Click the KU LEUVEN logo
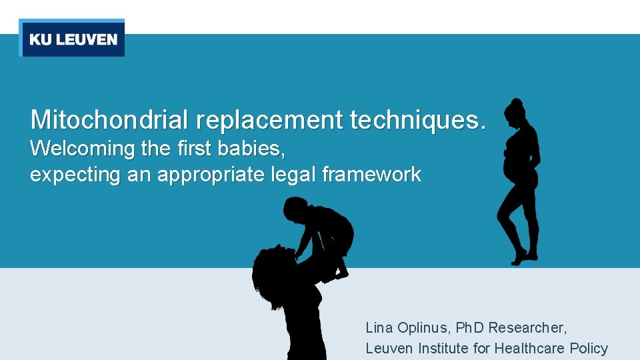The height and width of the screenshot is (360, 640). [x=72, y=39]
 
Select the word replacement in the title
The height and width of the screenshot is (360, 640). [x=269, y=120]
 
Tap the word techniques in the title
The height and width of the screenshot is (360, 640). [x=407, y=120]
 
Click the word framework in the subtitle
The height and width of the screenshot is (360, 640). [x=371, y=175]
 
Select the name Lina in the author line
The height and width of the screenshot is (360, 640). [x=378, y=327]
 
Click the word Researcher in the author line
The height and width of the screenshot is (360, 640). [x=527, y=327]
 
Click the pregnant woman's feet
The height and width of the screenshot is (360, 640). [x=526, y=256]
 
